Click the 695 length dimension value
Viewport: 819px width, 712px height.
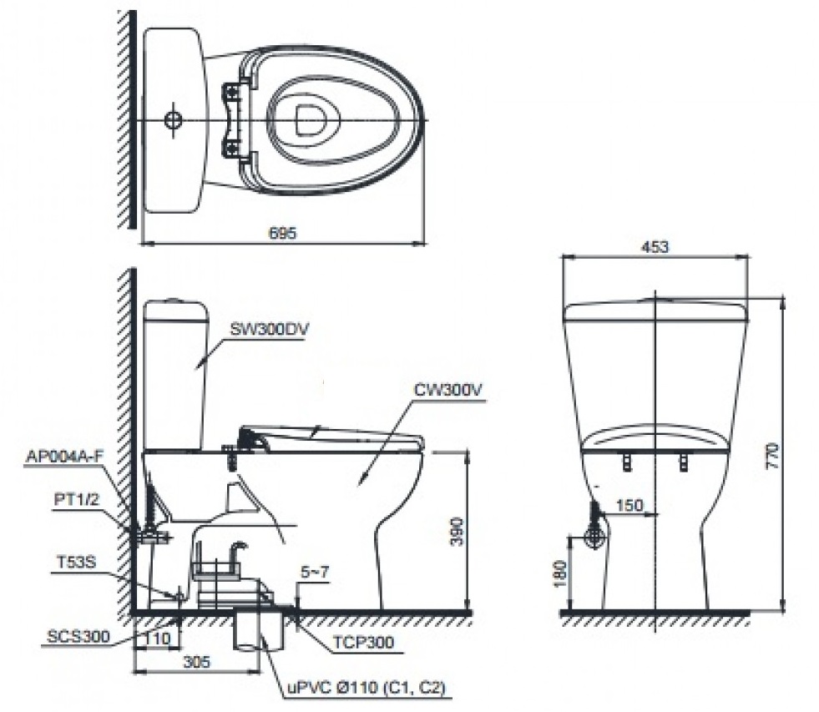pyautogui.click(x=283, y=234)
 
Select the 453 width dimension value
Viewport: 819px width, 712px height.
pyautogui.click(x=656, y=246)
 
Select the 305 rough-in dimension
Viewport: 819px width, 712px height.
pyautogui.click(x=197, y=661)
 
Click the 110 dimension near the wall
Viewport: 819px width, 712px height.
pyautogui.click(x=157, y=639)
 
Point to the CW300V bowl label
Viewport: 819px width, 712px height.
pyautogui.click(x=449, y=389)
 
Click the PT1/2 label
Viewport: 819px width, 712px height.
pyautogui.click(x=78, y=501)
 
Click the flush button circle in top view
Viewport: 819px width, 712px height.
pyautogui.click(x=173, y=119)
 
